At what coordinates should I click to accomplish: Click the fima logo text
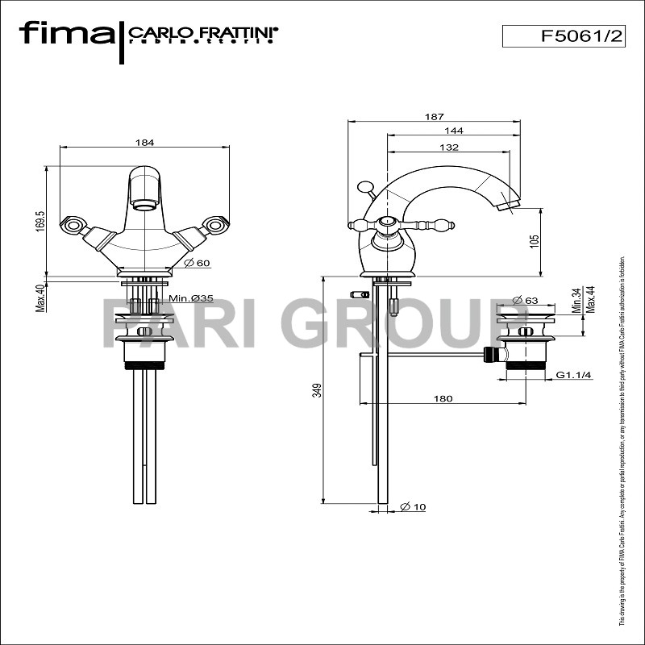(66, 35)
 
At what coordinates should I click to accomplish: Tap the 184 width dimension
(144, 143)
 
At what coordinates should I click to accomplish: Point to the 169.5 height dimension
(40, 222)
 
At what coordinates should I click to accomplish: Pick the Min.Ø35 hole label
(191, 298)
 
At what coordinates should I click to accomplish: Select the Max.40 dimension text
(40, 298)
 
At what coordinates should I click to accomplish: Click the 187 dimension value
(434, 117)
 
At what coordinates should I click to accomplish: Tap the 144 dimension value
(453, 131)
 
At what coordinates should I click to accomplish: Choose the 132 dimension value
(449, 147)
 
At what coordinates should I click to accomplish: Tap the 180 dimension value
(443, 398)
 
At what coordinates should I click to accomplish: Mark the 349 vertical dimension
(318, 390)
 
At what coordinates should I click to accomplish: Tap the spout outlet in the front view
(144, 206)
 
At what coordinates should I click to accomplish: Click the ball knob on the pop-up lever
(363, 187)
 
